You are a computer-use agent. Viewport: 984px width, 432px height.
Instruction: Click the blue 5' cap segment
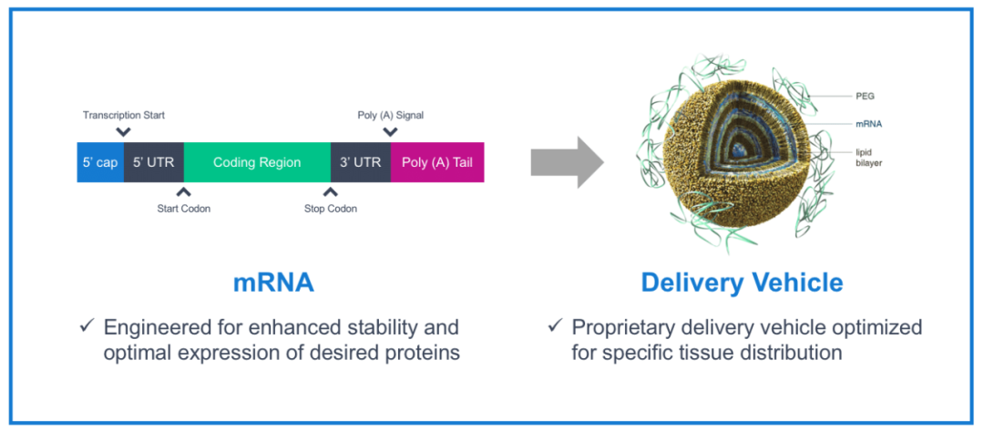(99, 162)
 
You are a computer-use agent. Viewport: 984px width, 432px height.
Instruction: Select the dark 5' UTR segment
(153, 162)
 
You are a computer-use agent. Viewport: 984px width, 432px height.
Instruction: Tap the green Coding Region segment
(257, 162)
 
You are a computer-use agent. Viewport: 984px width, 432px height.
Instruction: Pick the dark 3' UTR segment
(360, 162)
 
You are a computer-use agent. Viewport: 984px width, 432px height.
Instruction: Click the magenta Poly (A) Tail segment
(437, 162)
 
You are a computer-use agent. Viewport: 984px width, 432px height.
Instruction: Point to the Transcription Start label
(124, 116)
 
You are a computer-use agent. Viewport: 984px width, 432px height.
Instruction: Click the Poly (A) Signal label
(390, 116)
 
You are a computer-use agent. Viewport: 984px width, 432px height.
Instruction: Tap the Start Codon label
(183, 209)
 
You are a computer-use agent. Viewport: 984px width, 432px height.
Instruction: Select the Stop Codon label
(330, 209)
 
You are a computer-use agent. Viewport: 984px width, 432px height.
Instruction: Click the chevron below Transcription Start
(124, 132)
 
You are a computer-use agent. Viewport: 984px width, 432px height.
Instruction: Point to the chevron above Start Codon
(183, 191)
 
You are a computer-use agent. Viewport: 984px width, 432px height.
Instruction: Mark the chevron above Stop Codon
(330, 191)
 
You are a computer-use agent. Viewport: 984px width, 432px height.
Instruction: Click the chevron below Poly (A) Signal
(390, 132)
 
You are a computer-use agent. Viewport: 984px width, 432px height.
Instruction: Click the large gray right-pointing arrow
(567, 162)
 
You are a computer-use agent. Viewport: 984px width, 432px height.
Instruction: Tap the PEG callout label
(865, 95)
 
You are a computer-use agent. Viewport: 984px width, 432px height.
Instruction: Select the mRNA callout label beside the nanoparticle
(868, 124)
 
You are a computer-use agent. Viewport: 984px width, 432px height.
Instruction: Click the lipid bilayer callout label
(868, 157)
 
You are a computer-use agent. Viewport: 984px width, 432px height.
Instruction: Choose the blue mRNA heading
(273, 283)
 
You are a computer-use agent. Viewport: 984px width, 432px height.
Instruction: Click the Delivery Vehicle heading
(742, 283)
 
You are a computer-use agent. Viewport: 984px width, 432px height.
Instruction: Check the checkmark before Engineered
(87, 326)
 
